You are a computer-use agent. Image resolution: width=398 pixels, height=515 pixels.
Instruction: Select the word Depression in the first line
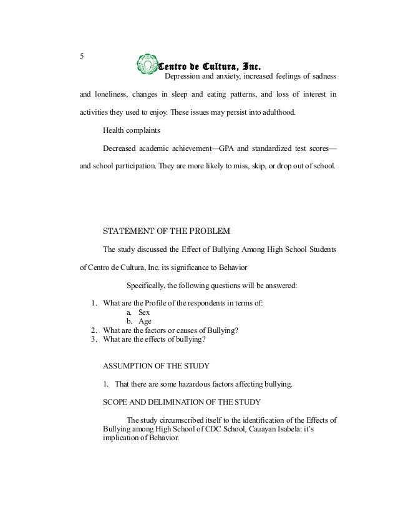(x=185, y=77)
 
